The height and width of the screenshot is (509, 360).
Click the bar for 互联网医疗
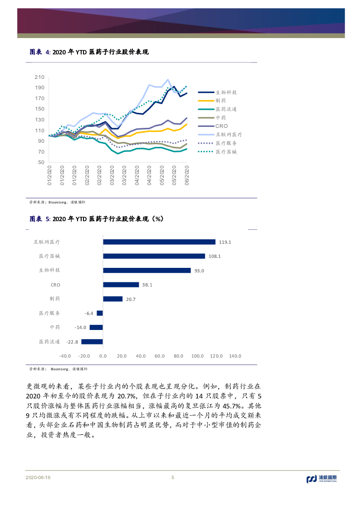click(x=159, y=242)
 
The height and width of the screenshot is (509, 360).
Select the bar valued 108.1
click(x=154, y=256)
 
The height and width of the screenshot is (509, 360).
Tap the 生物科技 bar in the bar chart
click(x=146, y=271)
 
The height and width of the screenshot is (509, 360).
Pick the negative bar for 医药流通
click(x=92, y=342)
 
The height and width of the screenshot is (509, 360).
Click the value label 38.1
click(x=147, y=285)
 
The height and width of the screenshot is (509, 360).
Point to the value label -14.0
click(x=81, y=327)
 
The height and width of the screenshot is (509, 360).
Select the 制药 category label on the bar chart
click(x=54, y=299)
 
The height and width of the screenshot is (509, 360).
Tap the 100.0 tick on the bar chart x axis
click(x=197, y=356)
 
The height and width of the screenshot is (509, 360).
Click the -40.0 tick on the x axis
click(x=65, y=356)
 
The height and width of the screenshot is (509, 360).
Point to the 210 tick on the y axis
click(x=39, y=77)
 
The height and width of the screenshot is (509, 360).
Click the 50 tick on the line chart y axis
click(x=41, y=162)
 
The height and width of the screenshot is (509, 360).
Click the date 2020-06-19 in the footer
click(x=38, y=478)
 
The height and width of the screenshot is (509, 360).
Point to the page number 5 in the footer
click(x=173, y=477)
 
